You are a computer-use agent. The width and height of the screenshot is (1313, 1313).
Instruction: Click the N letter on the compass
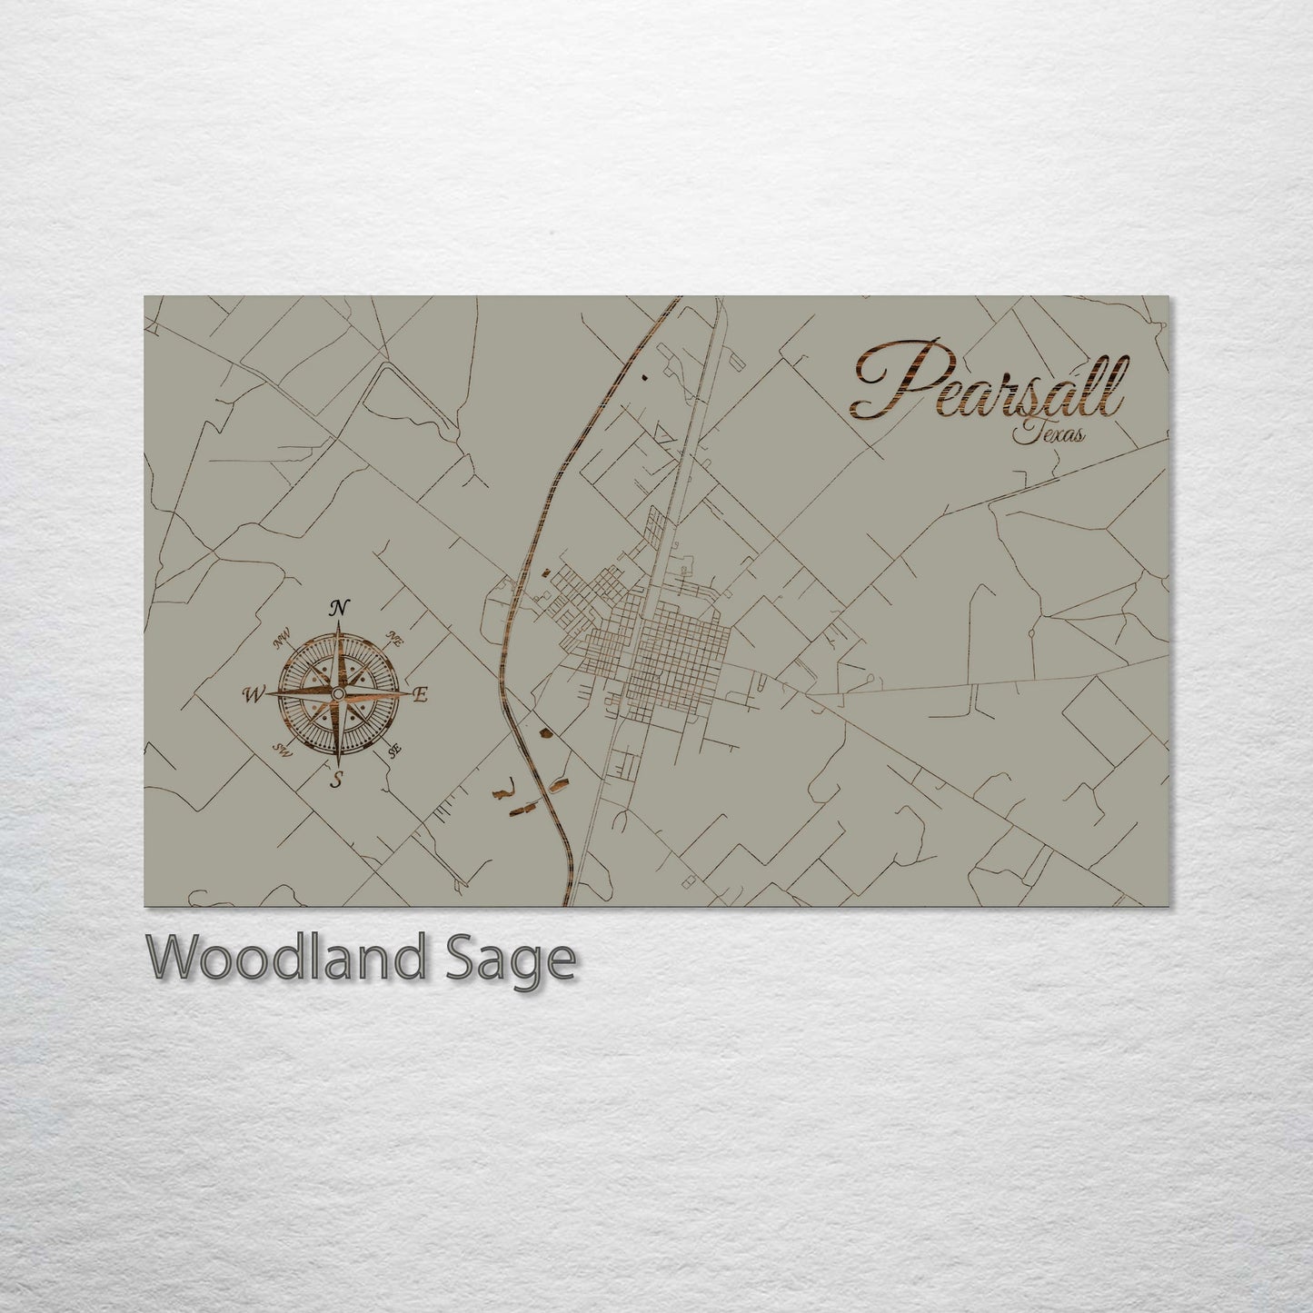[x=340, y=608]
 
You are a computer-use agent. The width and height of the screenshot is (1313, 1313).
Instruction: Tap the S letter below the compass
[x=336, y=779]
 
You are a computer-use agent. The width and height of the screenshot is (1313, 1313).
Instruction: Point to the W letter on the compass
[x=252, y=695]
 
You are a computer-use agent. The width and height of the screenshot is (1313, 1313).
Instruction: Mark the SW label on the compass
[x=281, y=751]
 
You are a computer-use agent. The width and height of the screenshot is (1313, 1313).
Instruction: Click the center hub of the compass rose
[x=338, y=693]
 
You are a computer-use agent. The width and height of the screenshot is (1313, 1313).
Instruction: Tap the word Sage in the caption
[x=509, y=960]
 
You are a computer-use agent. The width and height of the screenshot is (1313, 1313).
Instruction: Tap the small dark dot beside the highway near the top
[x=644, y=375]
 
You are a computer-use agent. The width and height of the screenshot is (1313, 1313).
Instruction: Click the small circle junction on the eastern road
[x=1032, y=631]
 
